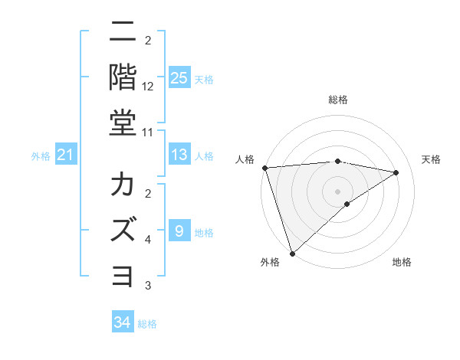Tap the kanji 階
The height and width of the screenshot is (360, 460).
pyautogui.click(x=123, y=76)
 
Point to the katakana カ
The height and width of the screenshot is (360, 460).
pyautogui.click(x=123, y=185)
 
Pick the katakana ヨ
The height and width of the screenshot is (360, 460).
pyautogui.click(x=123, y=274)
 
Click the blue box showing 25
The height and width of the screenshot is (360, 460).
pyautogui.click(x=179, y=77)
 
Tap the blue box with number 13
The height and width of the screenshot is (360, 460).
pyautogui.click(x=179, y=155)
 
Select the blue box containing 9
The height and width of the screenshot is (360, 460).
pyautogui.click(x=179, y=231)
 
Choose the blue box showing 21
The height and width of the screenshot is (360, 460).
pyautogui.click(x=66, y=155)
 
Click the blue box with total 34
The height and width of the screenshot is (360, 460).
pyautogui.click(x=123, y=322)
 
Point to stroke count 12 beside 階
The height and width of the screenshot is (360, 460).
pyautogui.click(x=148, y=87)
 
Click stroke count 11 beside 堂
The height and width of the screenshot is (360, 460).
pyautogui.click(x=148, y=132)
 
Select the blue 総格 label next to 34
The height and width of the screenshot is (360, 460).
pyautogui.click(x=147, y=324)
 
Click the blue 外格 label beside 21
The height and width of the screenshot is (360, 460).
pyautogui.click(x=41, y=156)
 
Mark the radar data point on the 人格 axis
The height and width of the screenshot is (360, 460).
pyautogui.click(x=264, y=168)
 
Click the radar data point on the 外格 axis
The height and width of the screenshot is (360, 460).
pyautogui.click(x=292, y=252)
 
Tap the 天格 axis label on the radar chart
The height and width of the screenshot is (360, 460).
pyautogui.click(x=431, y=159)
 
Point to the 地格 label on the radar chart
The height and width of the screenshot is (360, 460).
pyautogui.click(x=402, y=263)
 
